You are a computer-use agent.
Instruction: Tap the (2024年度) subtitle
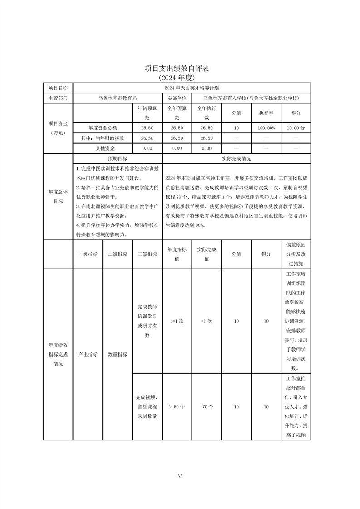point(180,77)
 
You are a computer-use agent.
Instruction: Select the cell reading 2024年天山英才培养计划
point(192,88)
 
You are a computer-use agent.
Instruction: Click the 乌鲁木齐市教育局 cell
point(117,98)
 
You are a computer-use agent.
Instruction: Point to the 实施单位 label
point(177,98)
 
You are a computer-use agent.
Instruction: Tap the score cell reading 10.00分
point(296,128)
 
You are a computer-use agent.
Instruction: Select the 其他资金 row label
point(102,148)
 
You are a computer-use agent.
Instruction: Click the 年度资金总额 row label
point(102,128)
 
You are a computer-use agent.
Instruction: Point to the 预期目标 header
point(117,158)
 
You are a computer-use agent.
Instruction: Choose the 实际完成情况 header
point(236,158)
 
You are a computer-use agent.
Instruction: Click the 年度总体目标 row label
point(58,196)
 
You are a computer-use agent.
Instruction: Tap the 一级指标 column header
point(88,254)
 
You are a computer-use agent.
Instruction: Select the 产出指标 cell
point(88,354)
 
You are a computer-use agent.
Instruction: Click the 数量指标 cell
point(117,354)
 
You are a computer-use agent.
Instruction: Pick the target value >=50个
point(177,407)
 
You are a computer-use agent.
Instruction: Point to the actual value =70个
point(207,407)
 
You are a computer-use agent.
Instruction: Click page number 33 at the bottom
point(180,476)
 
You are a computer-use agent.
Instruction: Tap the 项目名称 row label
point(58,88)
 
